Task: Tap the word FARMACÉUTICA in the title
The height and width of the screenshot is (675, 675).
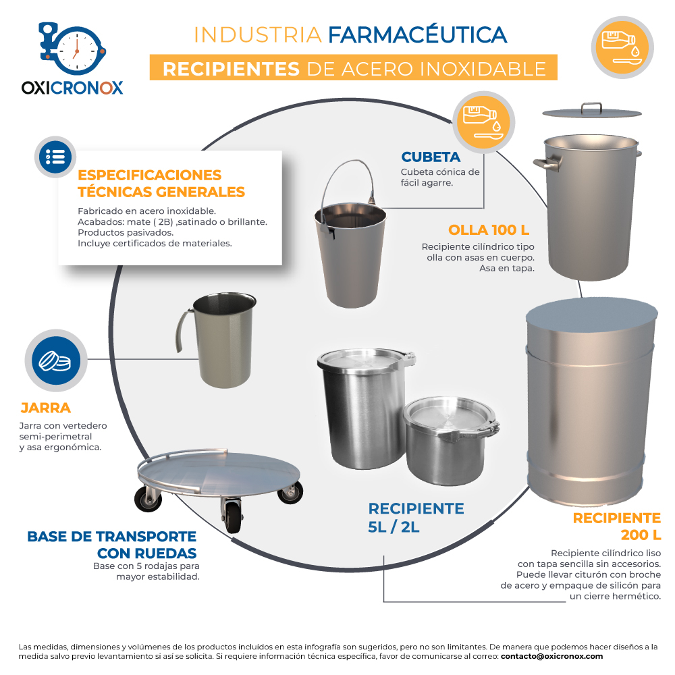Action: click(x=418, y=35)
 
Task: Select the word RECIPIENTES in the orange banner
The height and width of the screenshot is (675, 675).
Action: click(x=231, y=69)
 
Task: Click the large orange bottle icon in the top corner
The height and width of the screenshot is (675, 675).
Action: click(x=622, y=47)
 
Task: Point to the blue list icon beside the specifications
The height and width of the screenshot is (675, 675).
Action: click(x=55, y=157)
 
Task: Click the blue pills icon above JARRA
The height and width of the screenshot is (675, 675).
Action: click(x=56, y=360)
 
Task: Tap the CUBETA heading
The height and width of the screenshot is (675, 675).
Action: click(x=431, y=157)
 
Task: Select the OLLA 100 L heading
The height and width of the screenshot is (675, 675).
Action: click(x=489, y=230)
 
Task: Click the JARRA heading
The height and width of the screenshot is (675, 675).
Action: click(x=46, y=408)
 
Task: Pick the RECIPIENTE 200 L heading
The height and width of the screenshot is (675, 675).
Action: click(x=617, y=526)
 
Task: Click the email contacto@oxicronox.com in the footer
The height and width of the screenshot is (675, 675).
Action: click(x=551, y=657)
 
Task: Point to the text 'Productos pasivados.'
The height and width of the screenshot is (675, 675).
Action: click(x=126, y=232)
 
